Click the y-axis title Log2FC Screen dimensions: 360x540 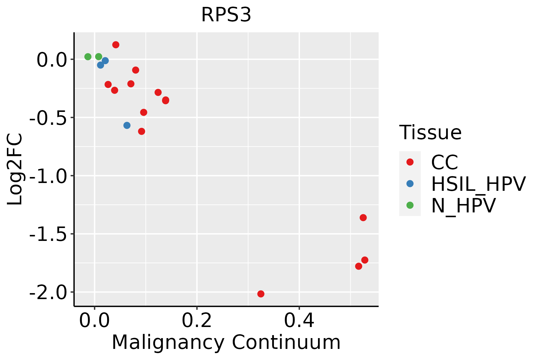pos(15,169)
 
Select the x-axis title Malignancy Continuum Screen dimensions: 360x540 pos(226,343)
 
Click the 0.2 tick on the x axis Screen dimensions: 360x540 pos(197,321)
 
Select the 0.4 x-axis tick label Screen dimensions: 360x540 pos(299,321)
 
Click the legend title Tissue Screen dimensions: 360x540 pos(430,133)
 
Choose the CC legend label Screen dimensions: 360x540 pos(445,162)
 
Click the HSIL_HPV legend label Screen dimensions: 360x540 pos(478,184)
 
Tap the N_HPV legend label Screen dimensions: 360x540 pos(463,205)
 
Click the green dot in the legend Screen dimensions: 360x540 pos(410,205)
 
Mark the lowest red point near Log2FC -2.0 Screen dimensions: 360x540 pos(261,294)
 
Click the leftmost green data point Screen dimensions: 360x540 pos(88,57)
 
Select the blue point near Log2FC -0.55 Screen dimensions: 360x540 pos(127,125)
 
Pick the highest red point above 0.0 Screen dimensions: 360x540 pos(116,45)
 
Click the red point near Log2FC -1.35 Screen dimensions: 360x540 pos(363,217)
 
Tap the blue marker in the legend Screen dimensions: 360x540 pos(410,184)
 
